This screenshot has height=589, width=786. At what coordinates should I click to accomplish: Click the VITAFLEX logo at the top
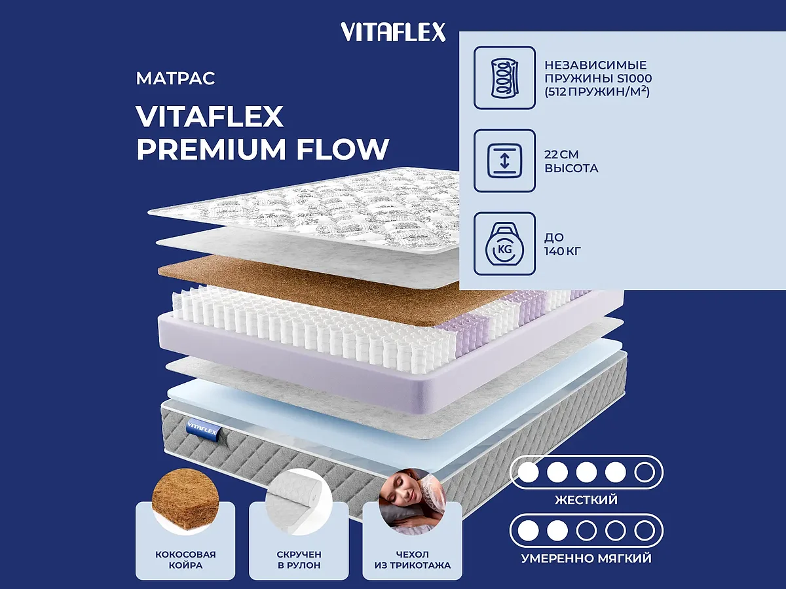[x=393, y=32]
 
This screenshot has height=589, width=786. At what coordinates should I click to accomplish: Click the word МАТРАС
[x=176, y=79]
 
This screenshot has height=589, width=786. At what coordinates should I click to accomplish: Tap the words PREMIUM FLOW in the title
[x=263, y=149]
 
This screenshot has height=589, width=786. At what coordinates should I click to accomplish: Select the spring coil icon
[x=504, y=77]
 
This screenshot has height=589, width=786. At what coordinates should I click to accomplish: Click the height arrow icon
[x=504, y=162]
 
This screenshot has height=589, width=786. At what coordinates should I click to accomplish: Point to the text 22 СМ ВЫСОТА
[x=571, y=162]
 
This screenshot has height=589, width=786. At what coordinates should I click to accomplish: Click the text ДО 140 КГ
[x=563, y=244]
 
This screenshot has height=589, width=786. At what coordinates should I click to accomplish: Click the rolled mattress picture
[x=299, y=503]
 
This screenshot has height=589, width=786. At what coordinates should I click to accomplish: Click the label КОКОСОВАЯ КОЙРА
[x=185, y=560]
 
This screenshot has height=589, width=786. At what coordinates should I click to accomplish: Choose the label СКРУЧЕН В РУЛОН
[x=299, y=560]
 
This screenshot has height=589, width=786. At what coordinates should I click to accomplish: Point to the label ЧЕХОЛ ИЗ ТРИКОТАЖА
[x=412, y=560]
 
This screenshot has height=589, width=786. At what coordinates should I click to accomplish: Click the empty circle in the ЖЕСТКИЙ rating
[x=645, y=472]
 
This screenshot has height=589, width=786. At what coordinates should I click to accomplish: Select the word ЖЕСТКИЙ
[x=586, y=500]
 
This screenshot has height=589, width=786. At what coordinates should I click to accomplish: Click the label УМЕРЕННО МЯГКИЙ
[x=586, y=558]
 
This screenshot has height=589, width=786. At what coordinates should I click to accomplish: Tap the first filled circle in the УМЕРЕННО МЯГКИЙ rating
[x=528, y=530]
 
